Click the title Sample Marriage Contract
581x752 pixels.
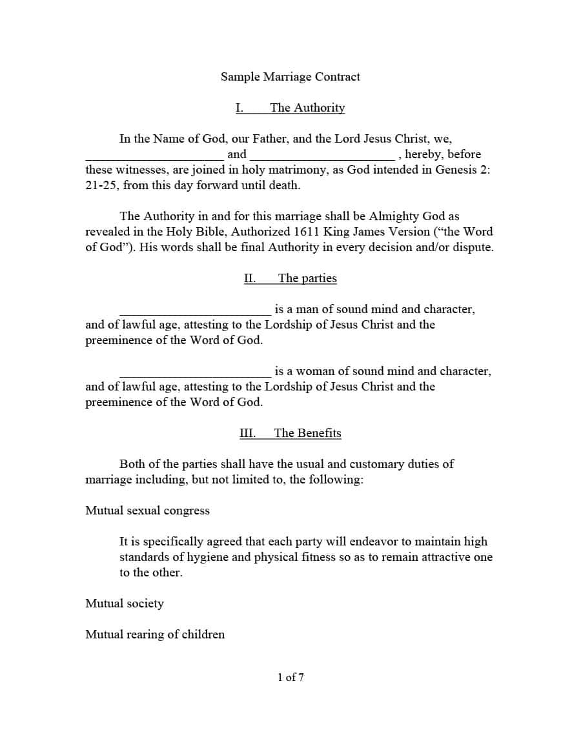[x=290, y=77]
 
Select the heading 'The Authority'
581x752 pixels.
[x=307, y=108]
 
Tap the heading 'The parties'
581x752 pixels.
[x=307, y=278]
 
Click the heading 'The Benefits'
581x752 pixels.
[x=307, y=433]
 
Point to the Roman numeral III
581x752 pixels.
[x=247, y=433]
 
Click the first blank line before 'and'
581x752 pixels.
[x=154, y=155]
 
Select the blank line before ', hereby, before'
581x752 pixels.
[x=322, y=155]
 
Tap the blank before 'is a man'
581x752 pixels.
[x=195, y=310]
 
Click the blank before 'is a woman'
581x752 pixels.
[x=195, y=372]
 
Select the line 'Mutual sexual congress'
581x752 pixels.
[x=147, y=511]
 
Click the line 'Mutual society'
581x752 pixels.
[x=125, y=604]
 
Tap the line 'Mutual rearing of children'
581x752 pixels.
[x=155, y=635]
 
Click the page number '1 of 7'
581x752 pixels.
[x=290, y=677]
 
